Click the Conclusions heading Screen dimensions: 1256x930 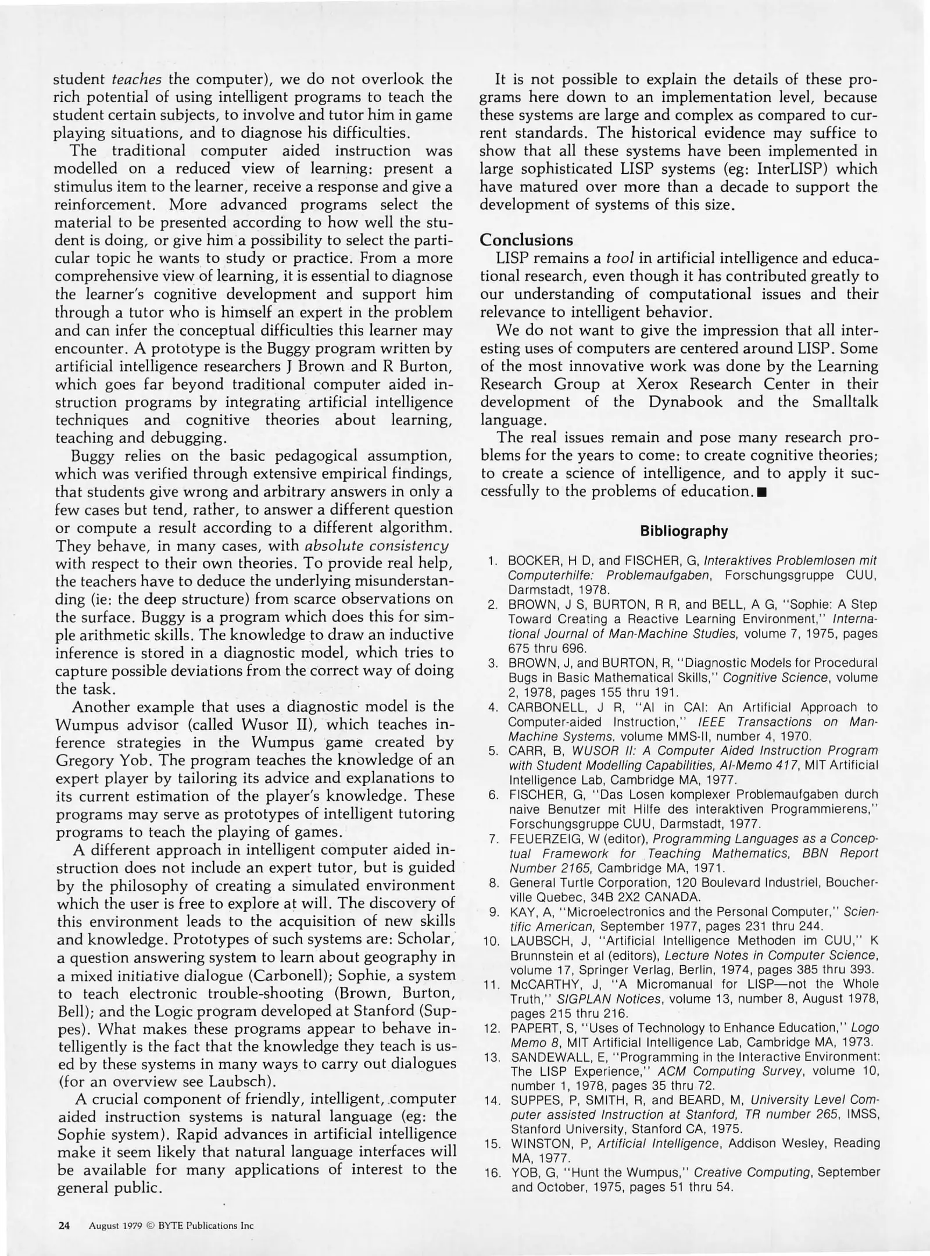tap(526, 240)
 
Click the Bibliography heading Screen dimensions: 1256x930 tap(684, 531)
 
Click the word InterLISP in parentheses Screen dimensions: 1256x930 tap(795, 169)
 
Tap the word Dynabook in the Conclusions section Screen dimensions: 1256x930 tap(688, 402)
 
